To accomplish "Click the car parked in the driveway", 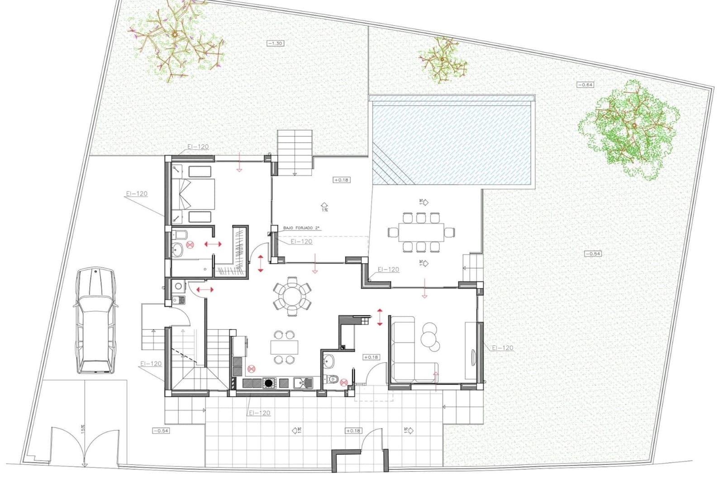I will (x=95, y=320).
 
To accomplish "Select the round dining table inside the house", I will (x=292, y=296).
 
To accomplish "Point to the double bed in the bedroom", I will (x=192, y=194).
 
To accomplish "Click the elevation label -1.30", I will (x=275, y=43).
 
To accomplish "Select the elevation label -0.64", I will (x=585, y=85).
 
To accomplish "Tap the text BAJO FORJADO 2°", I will (x=301, y=228).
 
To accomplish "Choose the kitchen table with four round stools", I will (x=284, y=347).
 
